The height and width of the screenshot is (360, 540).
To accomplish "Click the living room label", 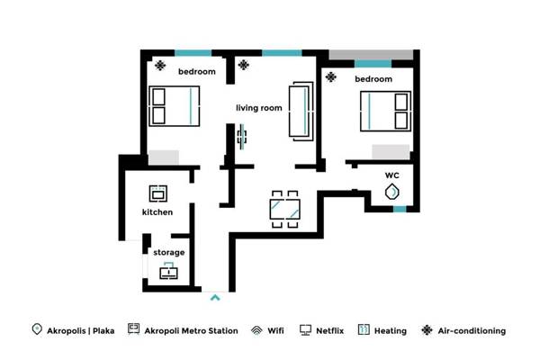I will click(258, 108).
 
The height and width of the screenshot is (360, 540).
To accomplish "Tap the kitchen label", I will click(157, 212).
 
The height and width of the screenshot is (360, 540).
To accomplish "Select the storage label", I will click(168, 253).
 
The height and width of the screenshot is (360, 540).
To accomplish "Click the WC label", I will click(391, 175).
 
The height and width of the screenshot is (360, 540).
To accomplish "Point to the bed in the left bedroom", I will click(171, 105).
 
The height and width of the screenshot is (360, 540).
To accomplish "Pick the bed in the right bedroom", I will click(387, 111).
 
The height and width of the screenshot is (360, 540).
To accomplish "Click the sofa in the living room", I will click(299, 110).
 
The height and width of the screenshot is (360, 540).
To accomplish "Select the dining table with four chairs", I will click(285, 210).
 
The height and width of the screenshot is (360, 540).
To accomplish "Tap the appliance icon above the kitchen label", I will click(157, 192).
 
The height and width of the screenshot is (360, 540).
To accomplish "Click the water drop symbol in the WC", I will click(392, 192).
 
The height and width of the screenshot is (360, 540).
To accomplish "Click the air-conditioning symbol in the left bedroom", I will click(160, 65).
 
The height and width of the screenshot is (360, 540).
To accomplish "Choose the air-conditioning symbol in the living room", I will click(244, 65).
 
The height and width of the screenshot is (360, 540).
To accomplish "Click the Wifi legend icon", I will click(256, 330).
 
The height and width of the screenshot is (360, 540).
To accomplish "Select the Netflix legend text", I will click(330, 331).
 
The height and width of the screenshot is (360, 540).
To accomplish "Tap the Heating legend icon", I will click(364, 330).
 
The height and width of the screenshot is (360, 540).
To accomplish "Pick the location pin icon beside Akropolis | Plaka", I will click(36, 330).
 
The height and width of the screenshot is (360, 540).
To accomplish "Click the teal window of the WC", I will click(399, 209).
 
